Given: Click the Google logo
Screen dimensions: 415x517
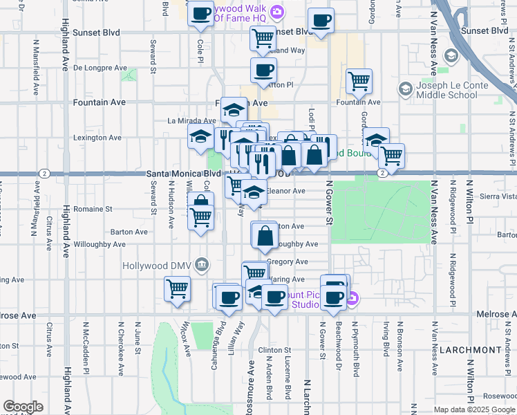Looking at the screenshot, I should coord(23,407).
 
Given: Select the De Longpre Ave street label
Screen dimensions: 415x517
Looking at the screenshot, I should coord(100,68).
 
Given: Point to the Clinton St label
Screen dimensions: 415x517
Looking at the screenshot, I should coord(276,351).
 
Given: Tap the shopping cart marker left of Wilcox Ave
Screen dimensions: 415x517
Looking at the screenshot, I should coord(177,288).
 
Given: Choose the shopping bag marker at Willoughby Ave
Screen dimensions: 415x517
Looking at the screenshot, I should coord(265,237).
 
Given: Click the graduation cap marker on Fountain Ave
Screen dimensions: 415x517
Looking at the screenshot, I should coord(234,109).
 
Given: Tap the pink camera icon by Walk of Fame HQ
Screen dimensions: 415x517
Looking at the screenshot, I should coord(277,11).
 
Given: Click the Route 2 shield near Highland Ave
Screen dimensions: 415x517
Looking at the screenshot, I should coord(44,173).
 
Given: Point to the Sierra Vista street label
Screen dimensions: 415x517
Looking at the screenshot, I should coord(498,196).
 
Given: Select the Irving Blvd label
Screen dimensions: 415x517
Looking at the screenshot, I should coord(384,337).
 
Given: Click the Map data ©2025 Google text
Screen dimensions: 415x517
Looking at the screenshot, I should coord(473,409).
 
